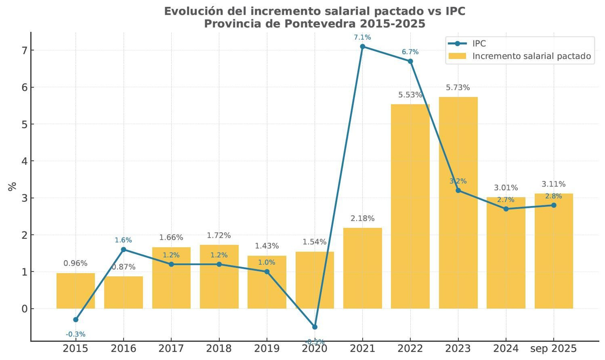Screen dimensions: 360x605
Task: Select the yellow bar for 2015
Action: pos(76,291)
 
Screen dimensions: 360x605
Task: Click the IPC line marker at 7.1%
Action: pos(362,47)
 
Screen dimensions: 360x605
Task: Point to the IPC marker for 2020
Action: pos(315,327)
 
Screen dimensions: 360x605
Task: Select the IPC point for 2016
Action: pos(123,250)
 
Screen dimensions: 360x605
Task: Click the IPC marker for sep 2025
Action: pos(554,205)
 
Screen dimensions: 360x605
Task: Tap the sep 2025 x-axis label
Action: pos(554,348)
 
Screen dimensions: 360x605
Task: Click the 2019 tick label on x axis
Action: pos(267,348)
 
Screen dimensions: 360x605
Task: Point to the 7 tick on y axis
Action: pos(25,50)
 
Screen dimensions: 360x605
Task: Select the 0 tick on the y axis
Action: pos(25,309)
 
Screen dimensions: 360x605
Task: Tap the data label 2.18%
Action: pos(362,218)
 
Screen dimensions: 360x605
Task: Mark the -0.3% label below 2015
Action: pos(76,334)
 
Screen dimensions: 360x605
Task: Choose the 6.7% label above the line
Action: pos(410,52)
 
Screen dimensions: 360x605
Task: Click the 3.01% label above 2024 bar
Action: pos(506,188)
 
